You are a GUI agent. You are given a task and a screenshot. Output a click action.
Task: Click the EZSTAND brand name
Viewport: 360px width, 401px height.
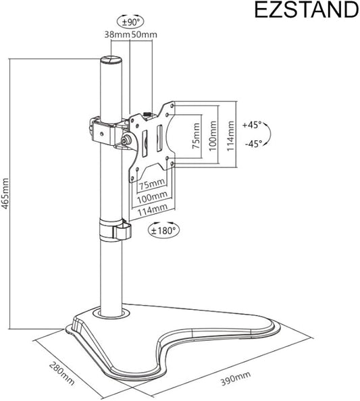click(x=307, y=10)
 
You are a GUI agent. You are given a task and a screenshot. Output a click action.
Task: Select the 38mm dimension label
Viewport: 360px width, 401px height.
click(x=117, y=34)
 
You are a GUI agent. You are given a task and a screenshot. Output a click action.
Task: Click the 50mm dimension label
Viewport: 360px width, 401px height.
click(x=144, y=34)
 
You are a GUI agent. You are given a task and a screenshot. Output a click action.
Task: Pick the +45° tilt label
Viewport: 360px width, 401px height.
click(x=252, y=125)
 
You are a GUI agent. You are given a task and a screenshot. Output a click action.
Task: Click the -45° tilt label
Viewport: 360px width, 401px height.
click(x=253, y=144)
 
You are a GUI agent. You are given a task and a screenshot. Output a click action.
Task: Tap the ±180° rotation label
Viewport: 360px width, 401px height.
click(x=163, y=231)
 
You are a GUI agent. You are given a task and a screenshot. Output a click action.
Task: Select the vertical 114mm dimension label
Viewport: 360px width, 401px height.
click(x=230, y=136)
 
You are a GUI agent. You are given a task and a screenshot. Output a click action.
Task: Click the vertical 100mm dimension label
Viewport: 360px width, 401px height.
click(x=213, y=136)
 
